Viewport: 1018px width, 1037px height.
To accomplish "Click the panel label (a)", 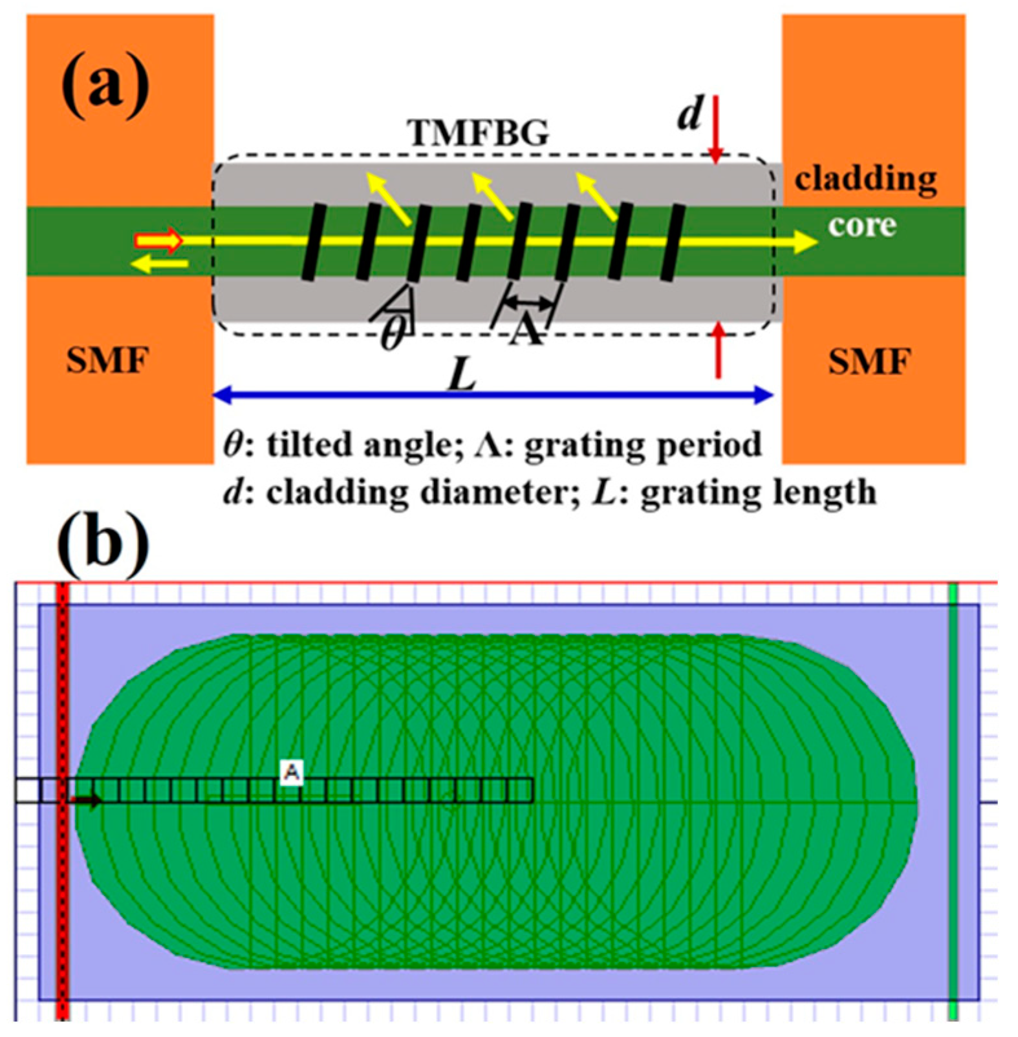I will [x=105, y=85].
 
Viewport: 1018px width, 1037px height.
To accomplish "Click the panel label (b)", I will [x=103, y=544].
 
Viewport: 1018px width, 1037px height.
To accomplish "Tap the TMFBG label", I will [x=478, y=134].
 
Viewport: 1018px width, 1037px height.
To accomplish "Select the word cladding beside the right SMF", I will [x=865, y=180].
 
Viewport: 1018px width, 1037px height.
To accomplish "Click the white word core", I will [x=862, y=226].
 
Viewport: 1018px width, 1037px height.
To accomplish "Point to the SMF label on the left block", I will [x=107, y=361].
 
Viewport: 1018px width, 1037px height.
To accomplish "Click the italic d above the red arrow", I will [x=690, y=115].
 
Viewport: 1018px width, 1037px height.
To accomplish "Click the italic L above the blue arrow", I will [x=463, y=375].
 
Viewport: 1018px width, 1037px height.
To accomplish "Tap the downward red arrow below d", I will [x=715, y=129].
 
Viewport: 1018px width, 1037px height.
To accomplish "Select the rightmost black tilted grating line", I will [x=672, y=242].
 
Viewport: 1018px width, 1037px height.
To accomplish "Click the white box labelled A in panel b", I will [x=292, y=772].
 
